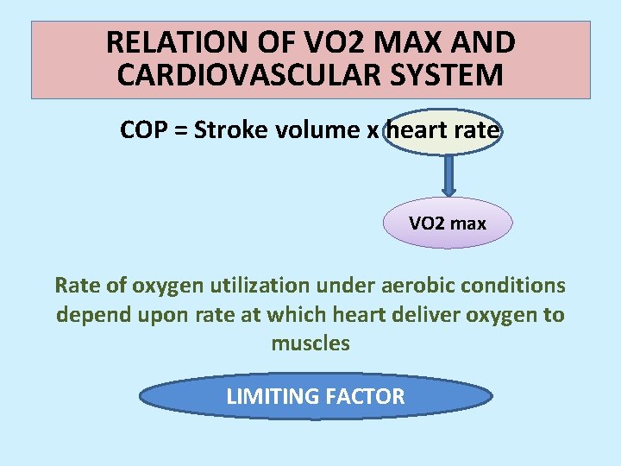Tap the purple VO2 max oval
pyautogui.click(x=448, y=224)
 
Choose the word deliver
pyautogui.click(x=420, y=315)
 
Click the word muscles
pyautogui.click(x=310, y=343)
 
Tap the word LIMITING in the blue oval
pyautogui.click(x=272, y=396)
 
